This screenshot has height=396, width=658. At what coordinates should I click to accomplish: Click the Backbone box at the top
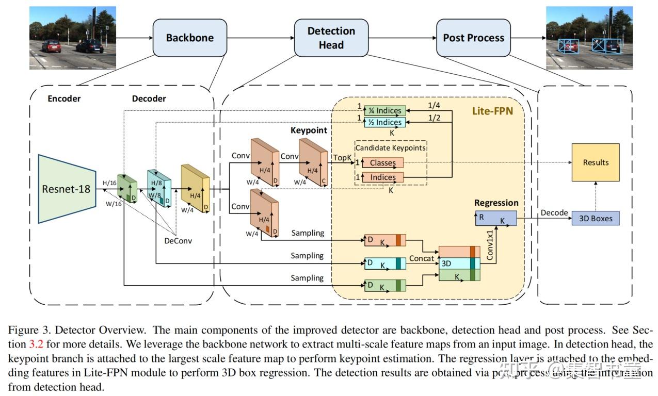189,38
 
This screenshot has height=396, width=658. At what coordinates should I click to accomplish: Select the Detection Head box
331,38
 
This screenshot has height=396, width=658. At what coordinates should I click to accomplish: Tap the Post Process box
473,38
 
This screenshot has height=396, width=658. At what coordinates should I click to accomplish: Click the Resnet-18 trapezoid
66,189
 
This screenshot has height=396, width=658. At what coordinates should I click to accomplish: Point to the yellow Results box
596,162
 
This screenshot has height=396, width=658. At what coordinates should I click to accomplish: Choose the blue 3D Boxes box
596,218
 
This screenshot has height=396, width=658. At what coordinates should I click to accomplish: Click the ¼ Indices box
384,110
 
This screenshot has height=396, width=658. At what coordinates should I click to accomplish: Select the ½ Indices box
384,122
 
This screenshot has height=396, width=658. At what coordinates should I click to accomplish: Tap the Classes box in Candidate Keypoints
382,163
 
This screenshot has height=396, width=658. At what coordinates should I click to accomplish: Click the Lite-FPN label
492,111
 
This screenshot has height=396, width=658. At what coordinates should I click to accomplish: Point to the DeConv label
178,241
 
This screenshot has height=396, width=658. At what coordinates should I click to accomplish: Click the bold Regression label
496,203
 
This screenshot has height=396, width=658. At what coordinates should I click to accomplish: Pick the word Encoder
64,98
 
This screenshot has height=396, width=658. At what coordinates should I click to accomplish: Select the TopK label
342,157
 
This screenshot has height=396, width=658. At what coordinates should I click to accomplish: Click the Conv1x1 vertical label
490,244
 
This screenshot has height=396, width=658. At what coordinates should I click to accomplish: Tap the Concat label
422,258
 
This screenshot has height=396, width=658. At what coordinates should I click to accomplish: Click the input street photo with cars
72,38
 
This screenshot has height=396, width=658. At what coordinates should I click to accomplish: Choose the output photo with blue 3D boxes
589,38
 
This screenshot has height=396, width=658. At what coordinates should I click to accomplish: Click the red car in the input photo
51,46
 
